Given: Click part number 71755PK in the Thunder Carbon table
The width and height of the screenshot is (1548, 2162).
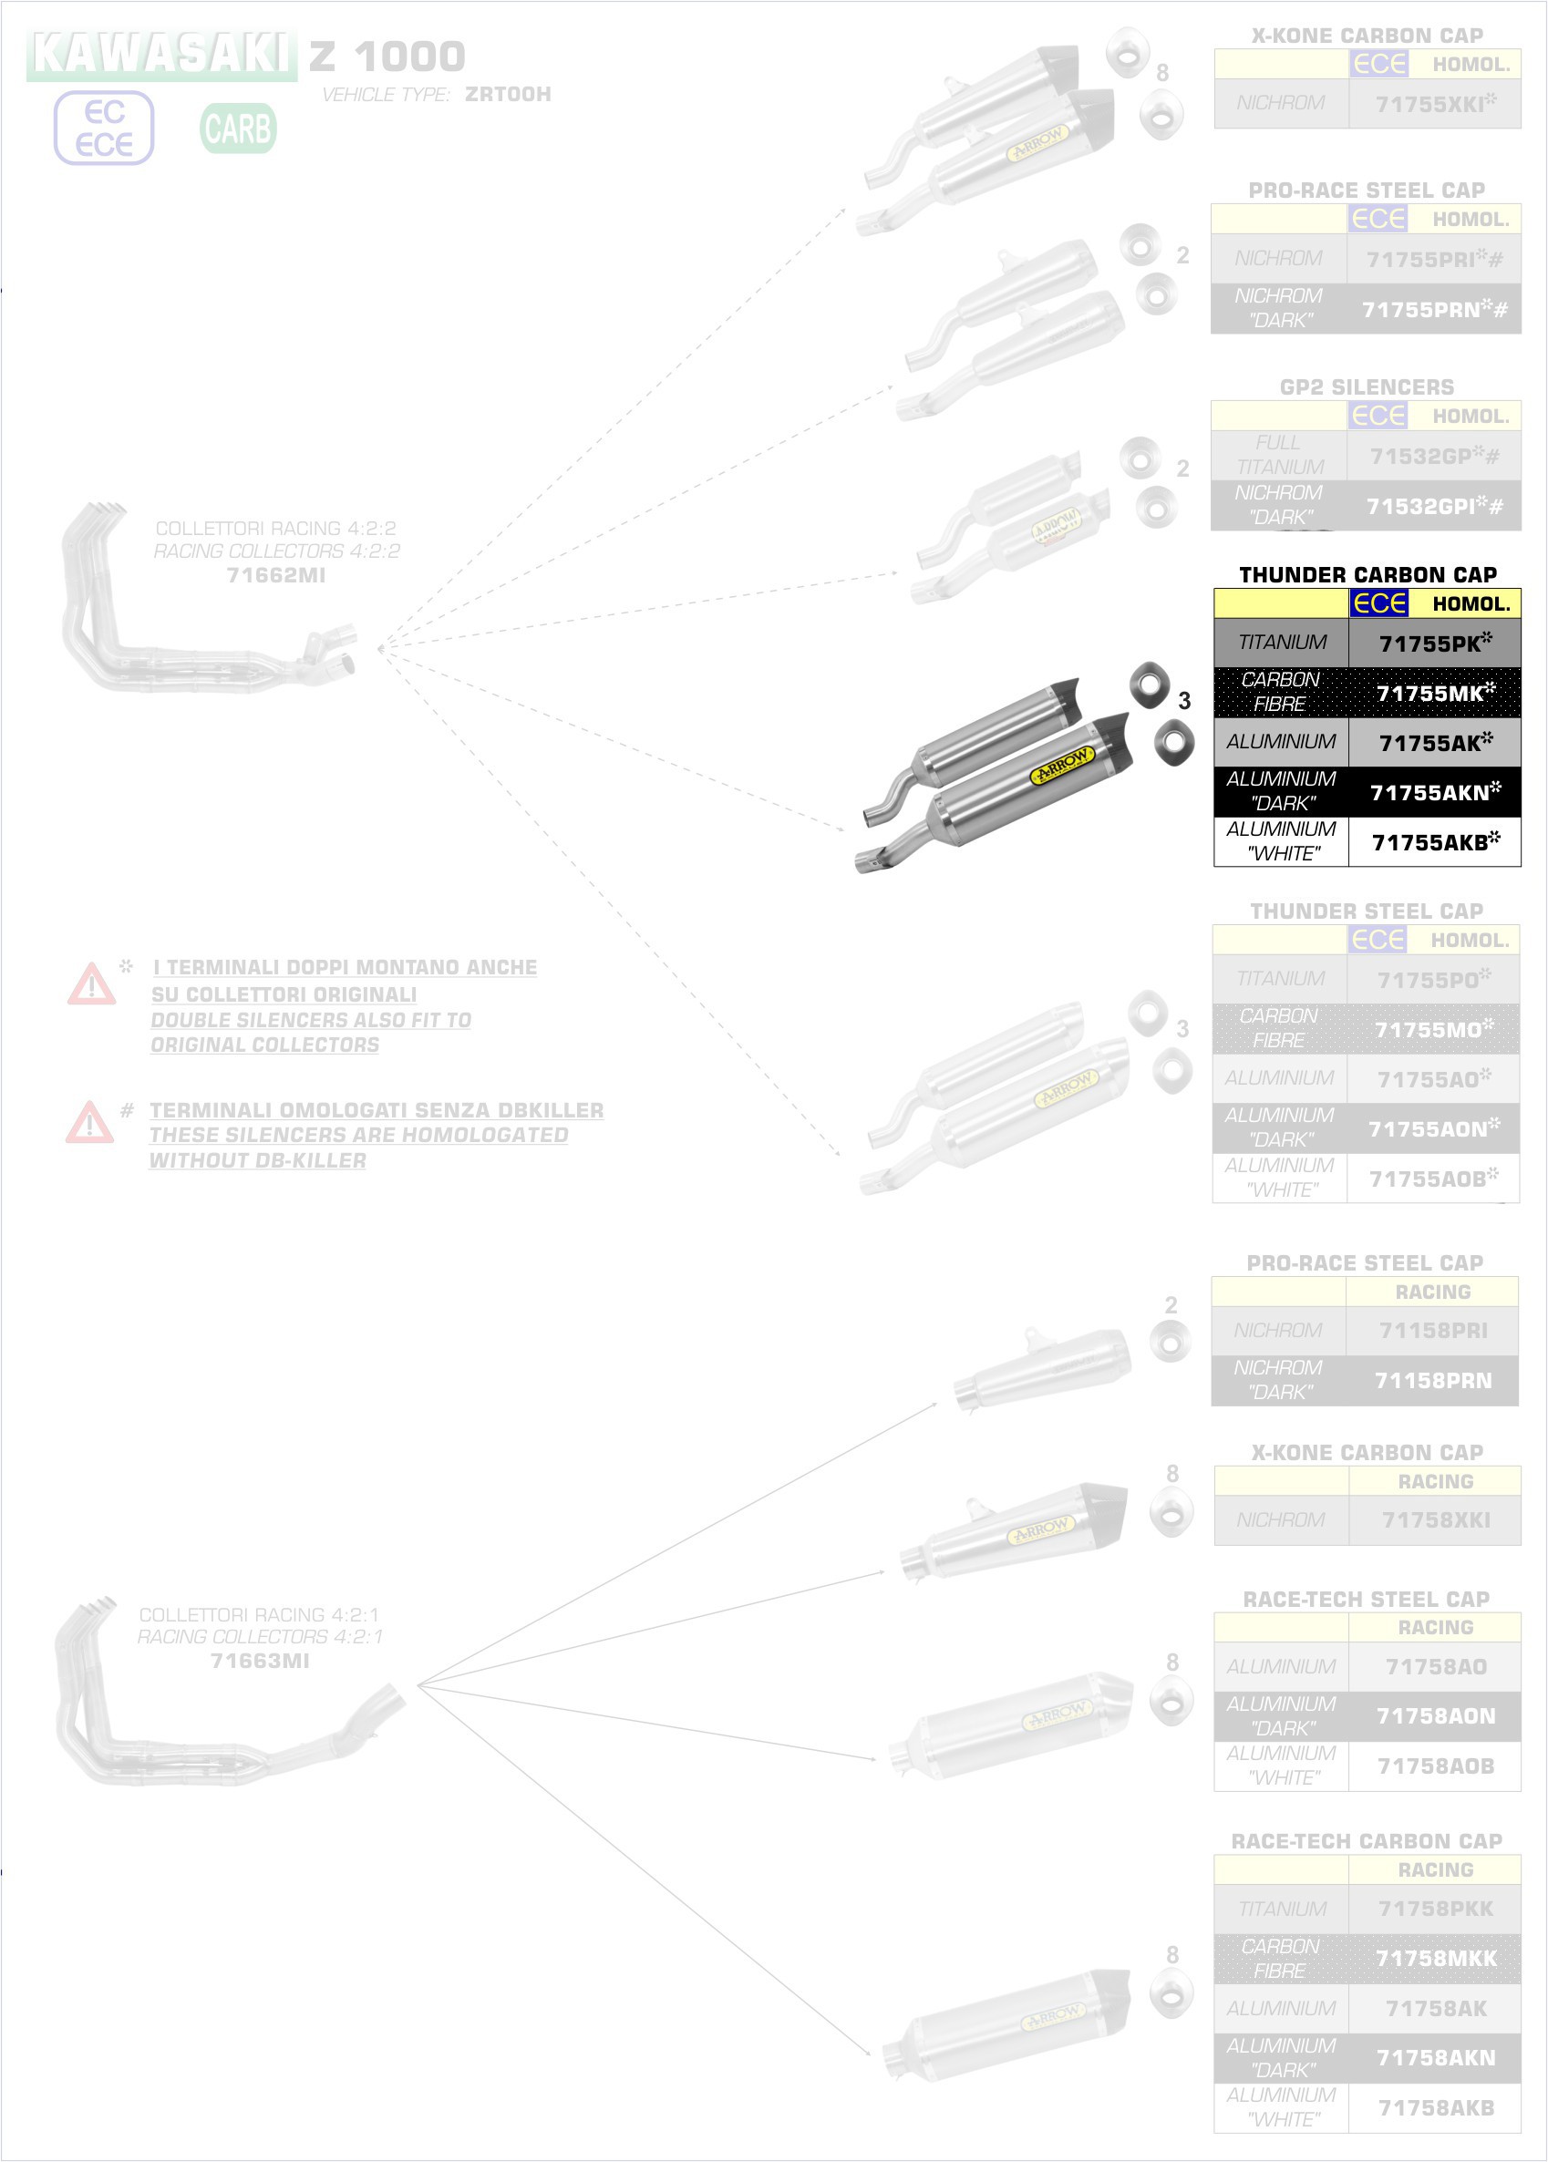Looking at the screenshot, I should pyautogui.click(x=1432, y=643).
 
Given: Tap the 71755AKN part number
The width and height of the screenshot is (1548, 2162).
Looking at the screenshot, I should pyautogui.click(x=1432, y=792).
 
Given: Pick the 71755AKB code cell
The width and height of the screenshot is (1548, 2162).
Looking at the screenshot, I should pyautogui.click(x=1432, y=842).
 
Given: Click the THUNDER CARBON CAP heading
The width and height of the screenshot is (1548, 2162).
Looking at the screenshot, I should pyautogui.click(x=1367, y=574).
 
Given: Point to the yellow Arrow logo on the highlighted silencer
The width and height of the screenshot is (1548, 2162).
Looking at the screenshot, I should pyautogui.click(x=1060, y=765).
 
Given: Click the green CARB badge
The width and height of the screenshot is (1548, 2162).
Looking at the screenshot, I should pyautogui.click(x=238, y=129).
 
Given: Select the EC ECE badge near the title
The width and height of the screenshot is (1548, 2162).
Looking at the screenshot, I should pyautogui.click(x=104, y=129).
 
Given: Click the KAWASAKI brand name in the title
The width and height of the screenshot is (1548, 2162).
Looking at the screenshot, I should pyautogui.click(x=161, y=55).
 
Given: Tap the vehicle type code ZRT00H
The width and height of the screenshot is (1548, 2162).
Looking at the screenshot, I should pyautogui.click(x=507, y=94).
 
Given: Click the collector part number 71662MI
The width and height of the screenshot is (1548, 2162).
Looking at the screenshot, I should pyautogui.click(x=276, y=574).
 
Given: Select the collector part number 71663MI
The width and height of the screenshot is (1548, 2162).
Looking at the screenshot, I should pyautogui.click(x=260, y=1661).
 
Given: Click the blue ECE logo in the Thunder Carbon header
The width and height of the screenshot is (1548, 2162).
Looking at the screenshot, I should pyautogui.click(x=1378, y=603).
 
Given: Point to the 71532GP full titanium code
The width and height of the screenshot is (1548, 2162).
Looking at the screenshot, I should pyautogui.click(x=1432, y=457).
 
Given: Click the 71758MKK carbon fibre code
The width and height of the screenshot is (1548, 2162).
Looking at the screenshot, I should pyautogui.click(x=1436, y=1958).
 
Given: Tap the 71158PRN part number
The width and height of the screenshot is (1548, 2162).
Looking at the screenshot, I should pyautogui.click(x=1432, y=1381).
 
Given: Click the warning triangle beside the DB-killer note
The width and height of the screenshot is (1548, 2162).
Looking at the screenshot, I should pyautogui.click(x=89, y=1121).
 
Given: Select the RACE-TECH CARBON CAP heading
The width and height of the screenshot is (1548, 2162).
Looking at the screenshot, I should pyautogui.click(x=1366, y=1841).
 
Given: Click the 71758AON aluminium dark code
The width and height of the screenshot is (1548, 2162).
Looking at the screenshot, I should pyautogui.click(x=1436, y=1716).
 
